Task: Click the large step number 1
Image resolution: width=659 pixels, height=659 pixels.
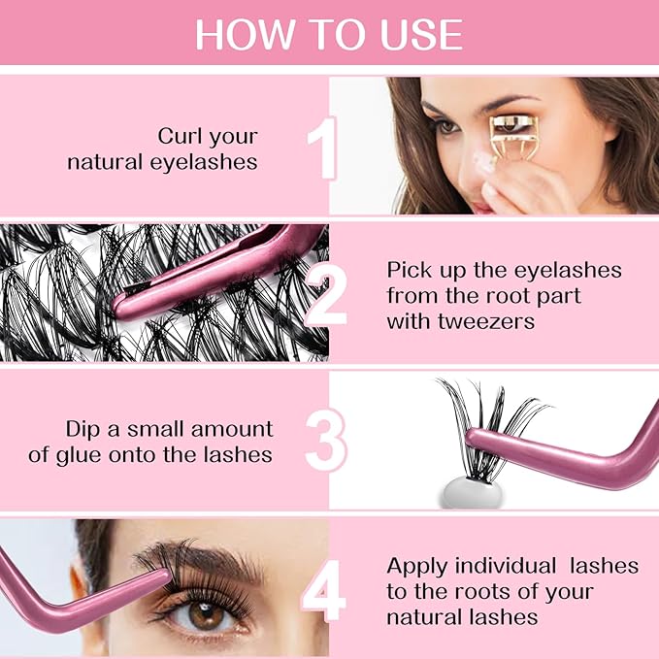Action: (x=321, y=148)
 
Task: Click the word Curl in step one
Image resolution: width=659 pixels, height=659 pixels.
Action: (x=181, y=135)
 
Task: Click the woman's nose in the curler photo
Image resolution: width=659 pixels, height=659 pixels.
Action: (x=485, y=180)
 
